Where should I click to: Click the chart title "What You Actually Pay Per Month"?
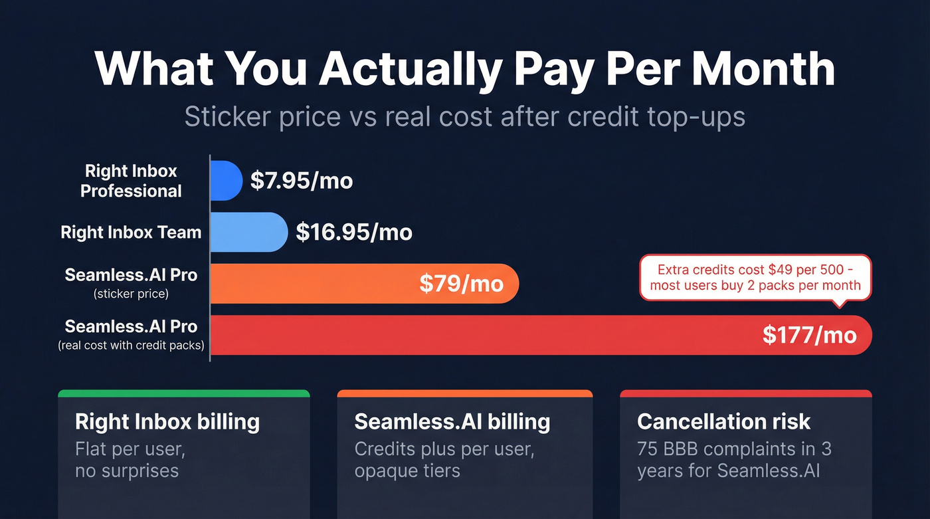coord(464,68)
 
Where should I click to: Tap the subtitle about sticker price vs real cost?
coord(464,116)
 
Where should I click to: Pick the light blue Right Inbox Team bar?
coord(248,232)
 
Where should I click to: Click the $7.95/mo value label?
coord(301,181)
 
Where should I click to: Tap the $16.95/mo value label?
coord(353,232)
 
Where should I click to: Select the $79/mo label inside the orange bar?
coord(461,284)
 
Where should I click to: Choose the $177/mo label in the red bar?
coord(809,335)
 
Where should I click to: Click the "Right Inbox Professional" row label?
coord(131,181)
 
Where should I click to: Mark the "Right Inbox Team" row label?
coord(131,232)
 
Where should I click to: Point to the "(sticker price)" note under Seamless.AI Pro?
coord(131,294)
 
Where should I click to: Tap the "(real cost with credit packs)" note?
coord(131,346)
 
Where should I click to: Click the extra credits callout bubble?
coord(755,278)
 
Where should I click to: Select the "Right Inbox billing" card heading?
coord(167,421)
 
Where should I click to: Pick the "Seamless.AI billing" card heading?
coord(452,421)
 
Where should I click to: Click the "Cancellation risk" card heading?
coord(723,421)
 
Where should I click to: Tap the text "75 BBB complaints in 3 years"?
coord(734,460)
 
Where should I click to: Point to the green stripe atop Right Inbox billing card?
coord(184,393)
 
